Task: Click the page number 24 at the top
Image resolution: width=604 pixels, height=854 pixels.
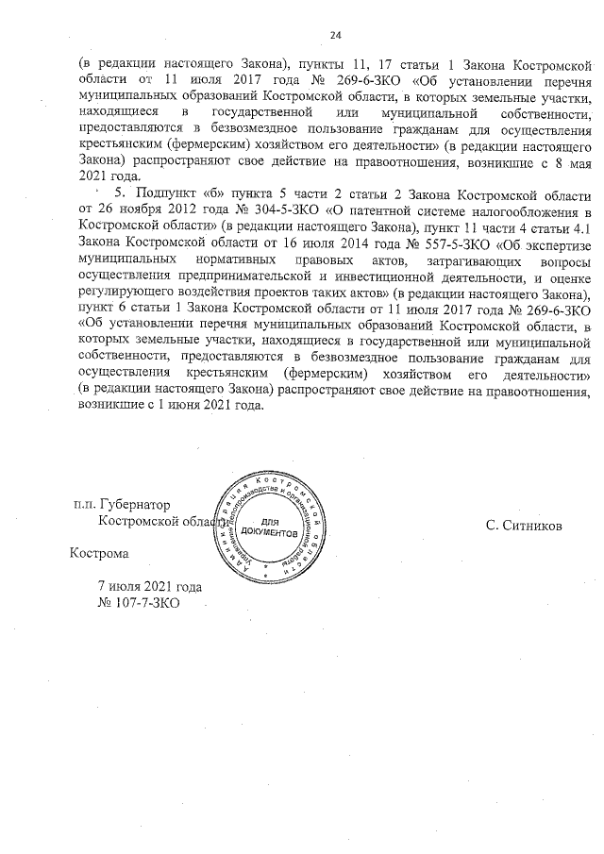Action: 335,35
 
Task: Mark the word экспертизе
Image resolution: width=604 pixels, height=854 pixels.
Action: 556,241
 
